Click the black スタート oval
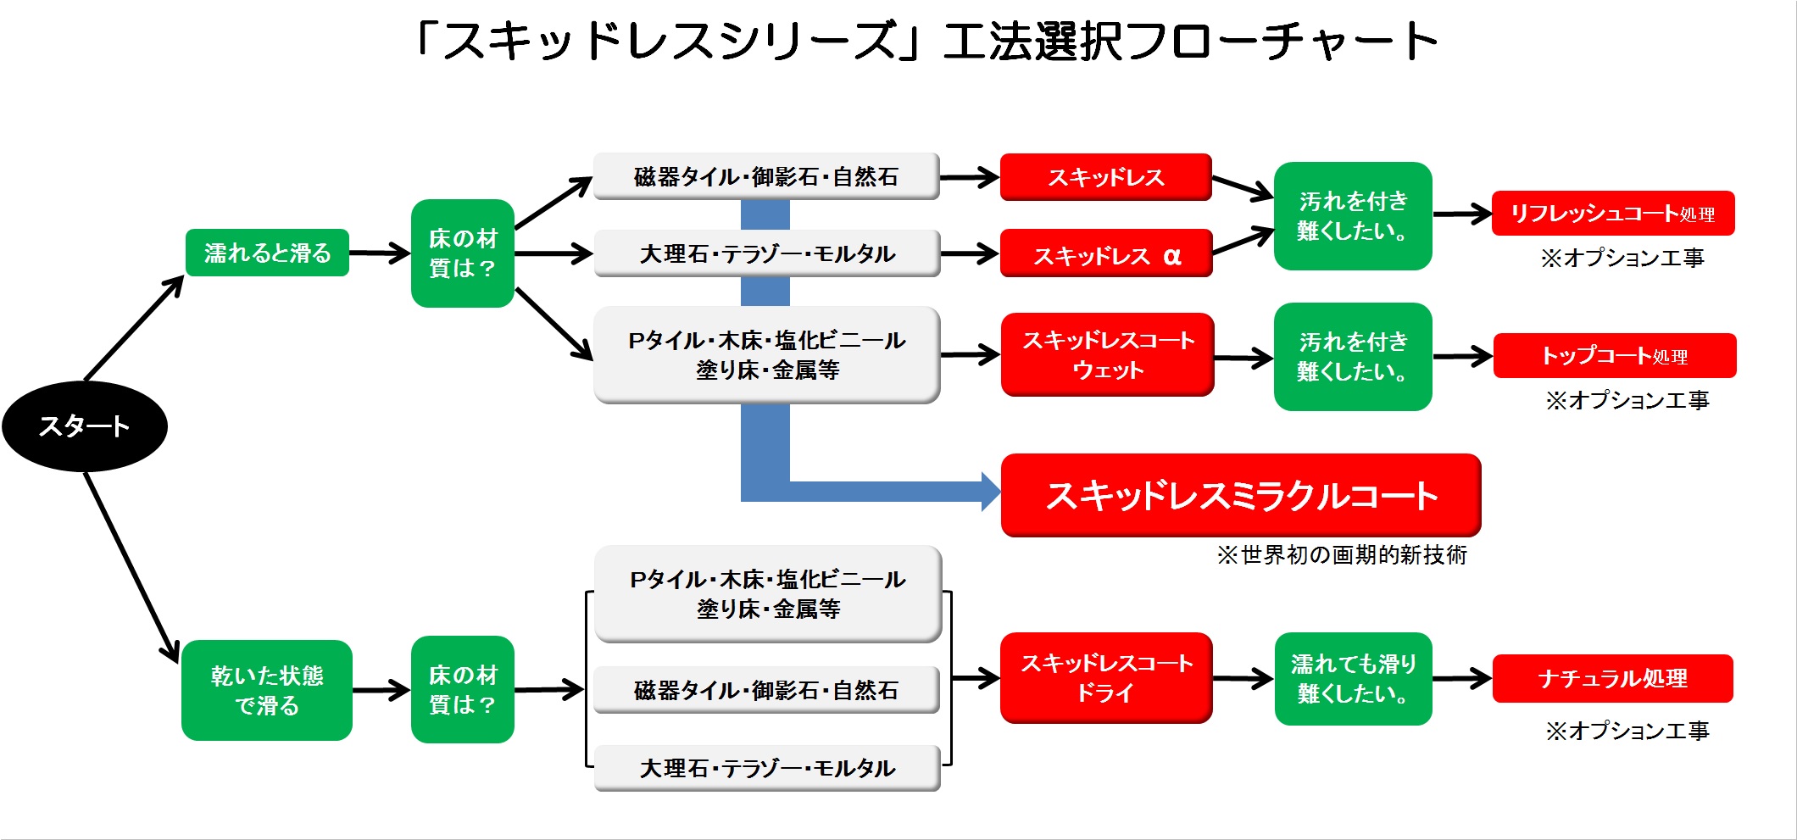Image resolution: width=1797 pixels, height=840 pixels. tap(85, 426)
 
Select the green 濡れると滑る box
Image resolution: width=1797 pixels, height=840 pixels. tap(267, 253)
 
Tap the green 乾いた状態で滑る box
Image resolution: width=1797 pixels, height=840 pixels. tap(267, 690)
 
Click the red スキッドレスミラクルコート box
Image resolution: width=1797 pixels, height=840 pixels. tap(1241, 495)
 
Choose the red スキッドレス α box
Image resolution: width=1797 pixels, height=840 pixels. tap(1106, 253)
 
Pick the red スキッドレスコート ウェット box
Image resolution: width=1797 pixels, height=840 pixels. tap(1108, 354)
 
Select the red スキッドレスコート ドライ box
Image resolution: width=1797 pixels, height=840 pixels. tap(1106, 677)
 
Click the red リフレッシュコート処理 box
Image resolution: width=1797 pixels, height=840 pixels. tap(1613, 214)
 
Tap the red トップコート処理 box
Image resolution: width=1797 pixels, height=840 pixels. tap(1615, 356)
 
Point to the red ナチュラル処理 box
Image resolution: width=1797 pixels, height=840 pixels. tap(1613, 678)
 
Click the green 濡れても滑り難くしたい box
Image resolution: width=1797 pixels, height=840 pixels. tap(1354, 679)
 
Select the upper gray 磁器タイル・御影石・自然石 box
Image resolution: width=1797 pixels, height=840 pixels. tap(766, 176)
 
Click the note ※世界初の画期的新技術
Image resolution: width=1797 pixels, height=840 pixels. tap(1342, 555)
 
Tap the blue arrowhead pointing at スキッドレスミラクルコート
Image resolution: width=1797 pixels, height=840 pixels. tap(991, 492)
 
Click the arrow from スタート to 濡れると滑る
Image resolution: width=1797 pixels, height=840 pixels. tap(135, 328)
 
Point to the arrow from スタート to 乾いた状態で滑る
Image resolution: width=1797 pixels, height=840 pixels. tap(131, 567)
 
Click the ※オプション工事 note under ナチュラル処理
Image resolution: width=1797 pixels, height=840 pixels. tap(1627, 731)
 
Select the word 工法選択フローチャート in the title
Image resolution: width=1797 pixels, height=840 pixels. tap(1191, 41)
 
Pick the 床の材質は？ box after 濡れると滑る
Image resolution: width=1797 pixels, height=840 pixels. tap(463, 253)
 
